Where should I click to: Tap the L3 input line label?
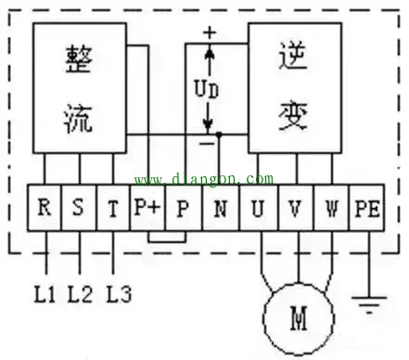coord(118,295)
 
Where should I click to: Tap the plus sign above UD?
coord(210,32)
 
